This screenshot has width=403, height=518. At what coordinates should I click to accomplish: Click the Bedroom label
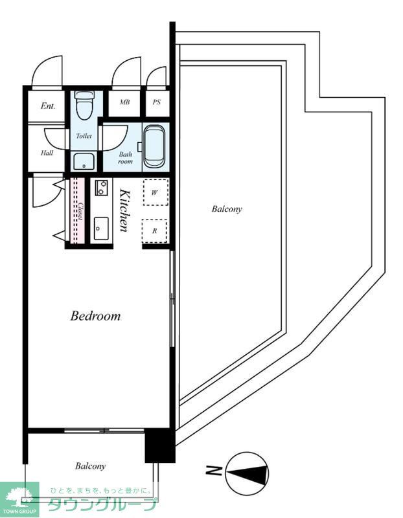point(95,316)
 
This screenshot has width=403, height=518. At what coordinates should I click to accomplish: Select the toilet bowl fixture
point(84,105)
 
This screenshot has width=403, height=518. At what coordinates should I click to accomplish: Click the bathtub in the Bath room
point(154,147)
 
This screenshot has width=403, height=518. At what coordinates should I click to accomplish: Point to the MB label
point(124,102)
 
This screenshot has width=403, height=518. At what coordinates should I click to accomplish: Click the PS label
point(157,102)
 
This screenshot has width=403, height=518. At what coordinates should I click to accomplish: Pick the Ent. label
point(48,106)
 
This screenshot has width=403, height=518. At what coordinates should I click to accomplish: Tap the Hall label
point(47,153)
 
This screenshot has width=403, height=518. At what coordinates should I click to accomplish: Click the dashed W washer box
point(155,192)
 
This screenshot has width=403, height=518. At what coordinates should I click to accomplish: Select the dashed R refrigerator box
point(154,231)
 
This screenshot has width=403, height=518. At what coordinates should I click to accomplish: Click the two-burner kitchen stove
point(102,187)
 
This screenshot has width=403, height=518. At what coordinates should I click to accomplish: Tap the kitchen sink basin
point(101,229)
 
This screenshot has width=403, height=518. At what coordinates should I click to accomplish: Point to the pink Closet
point(78,211)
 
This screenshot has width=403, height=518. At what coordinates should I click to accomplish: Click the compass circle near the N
point(247,473)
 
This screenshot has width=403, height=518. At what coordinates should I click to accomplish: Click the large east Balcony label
point(227,208)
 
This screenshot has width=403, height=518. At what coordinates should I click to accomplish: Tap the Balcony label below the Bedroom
point(90,466)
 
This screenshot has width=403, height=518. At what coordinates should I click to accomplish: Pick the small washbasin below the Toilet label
point(84,161)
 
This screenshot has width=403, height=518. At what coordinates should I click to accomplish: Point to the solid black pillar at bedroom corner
point(160,445)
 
